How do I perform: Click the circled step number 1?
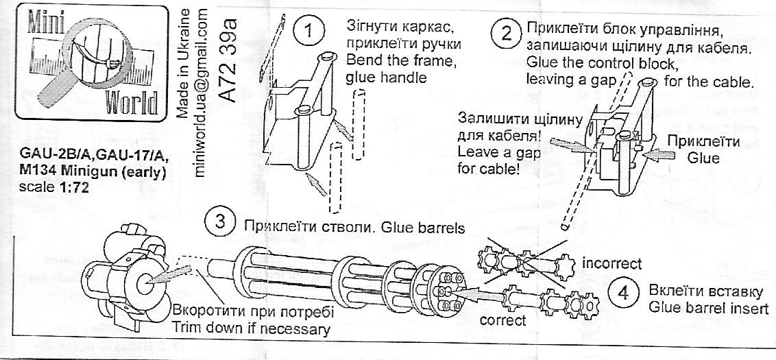(308, 30)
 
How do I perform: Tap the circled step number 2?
(507, 32)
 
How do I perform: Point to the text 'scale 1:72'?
(53, 187)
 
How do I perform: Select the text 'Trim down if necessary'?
(252, 328)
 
